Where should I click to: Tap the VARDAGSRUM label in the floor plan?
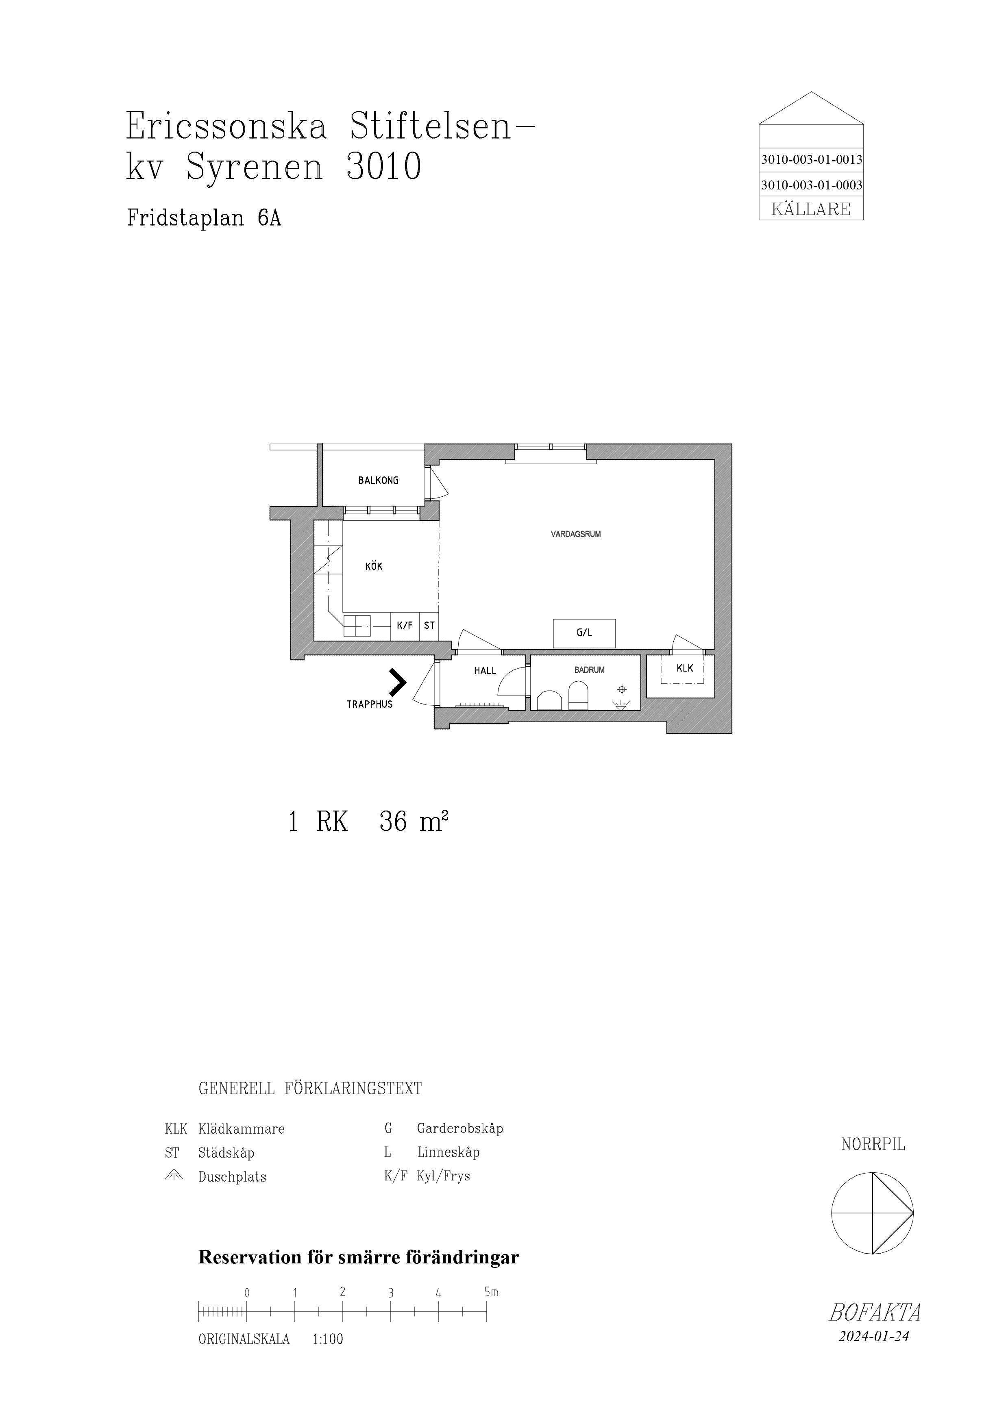pyautogui.click(x=576, y=534)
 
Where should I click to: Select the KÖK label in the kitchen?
pyautogui.click(x=374, y=566)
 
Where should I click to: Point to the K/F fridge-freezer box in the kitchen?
pyautogui.click(x=405, y=626)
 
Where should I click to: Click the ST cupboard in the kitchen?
pyautogui.click(x=429, y=626)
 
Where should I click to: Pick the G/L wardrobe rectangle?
pyautogui.click(x=584, y=633)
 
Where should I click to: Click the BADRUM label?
pyautogui.click(x=590, y=670)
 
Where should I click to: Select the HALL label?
pyautogui.click(x=485, y=671)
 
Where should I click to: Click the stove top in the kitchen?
pyautogui.click(x=357, y=626)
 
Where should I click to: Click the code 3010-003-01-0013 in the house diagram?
pyautogui.click(x=811, y=160)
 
